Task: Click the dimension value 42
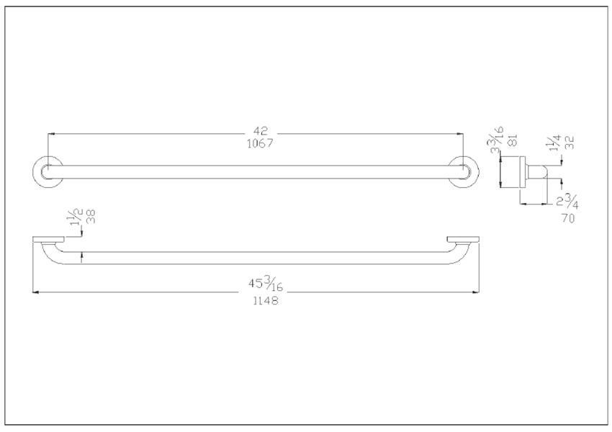click(261, 131)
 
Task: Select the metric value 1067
click(261, 143)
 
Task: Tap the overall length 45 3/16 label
click(266, 283)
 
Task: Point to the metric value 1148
click(266, 300)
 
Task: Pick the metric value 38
click(91, 217)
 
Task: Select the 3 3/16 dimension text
click(498, 139)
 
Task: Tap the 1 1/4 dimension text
click(554, 143)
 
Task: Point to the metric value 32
click(570, 143)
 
